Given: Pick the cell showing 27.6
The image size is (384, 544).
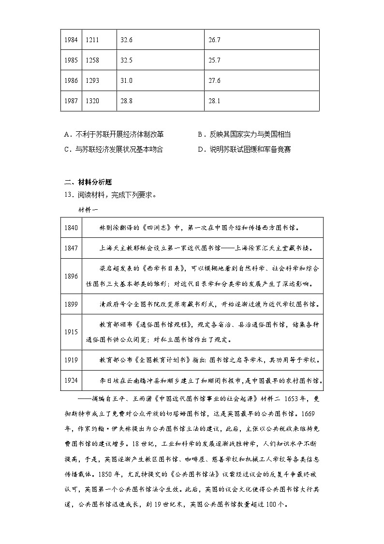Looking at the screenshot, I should (214, 81).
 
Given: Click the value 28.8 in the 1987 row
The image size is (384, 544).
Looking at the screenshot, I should (126, 101).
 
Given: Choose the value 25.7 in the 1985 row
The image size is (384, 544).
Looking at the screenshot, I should (214, 61).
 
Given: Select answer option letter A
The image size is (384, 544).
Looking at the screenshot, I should (67, 134).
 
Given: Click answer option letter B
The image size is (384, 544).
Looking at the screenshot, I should (201, 134).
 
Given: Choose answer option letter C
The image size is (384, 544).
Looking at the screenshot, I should (67, 149).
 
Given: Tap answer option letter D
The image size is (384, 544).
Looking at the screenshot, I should (201, 149).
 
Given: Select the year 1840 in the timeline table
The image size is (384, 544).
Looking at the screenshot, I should (71, 227).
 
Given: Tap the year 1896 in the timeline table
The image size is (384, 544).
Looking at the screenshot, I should (71, 276).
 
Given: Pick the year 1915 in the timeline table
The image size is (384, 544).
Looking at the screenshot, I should (71, 332).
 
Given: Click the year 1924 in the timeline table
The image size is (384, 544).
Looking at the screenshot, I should (71, 380).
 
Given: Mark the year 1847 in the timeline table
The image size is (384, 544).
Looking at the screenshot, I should (71, 248).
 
